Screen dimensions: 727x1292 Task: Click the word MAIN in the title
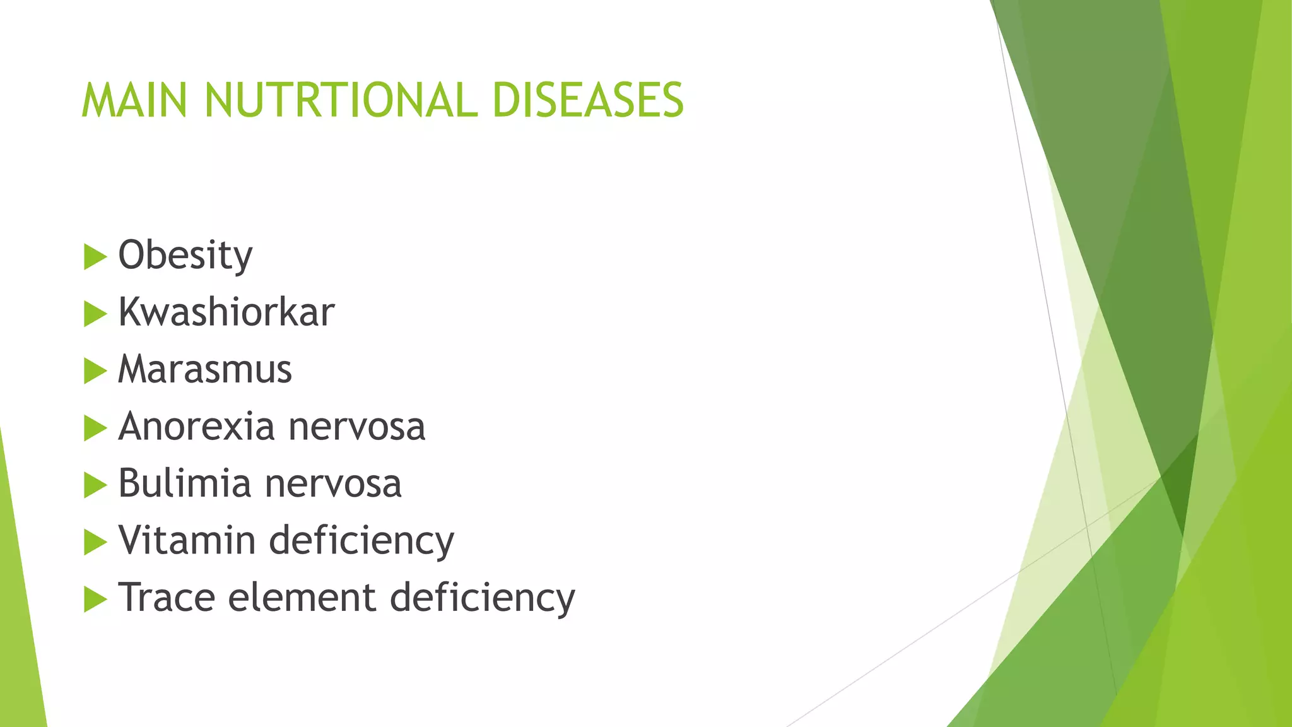point(134,100)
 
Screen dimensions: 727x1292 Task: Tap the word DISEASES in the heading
point(587,100)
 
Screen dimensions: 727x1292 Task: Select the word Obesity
point(185,256)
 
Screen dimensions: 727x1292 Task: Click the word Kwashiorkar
point(226,312)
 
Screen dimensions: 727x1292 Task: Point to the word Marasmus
point(205,369)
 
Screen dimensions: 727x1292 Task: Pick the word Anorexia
point(196,427)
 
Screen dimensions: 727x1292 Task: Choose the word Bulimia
point(184,483)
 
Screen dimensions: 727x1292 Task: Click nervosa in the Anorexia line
point(357,427)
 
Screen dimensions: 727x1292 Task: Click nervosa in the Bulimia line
point(333,483)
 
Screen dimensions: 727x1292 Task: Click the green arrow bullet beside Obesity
point(95,257)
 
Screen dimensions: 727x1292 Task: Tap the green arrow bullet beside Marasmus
point(95,371)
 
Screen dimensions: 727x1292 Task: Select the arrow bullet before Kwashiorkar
point(95,314)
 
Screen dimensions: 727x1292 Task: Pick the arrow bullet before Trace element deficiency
point(95,600)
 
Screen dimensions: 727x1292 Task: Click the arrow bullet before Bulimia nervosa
point(95,485)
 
